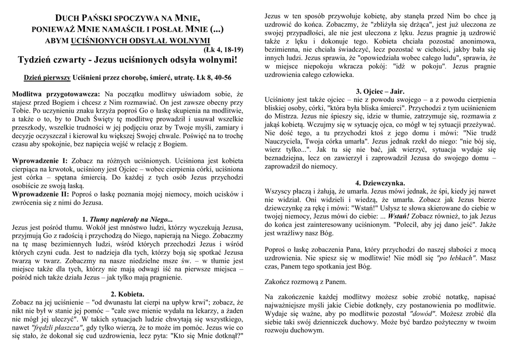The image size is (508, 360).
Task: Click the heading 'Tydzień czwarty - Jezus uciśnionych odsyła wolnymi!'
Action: (127, 60)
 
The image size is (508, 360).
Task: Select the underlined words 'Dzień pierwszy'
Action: (47, 78)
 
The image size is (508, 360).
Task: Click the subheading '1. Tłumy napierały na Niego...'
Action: (127, 219)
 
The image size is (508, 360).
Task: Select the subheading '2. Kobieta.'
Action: (127, 293)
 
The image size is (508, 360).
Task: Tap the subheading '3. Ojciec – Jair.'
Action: (380, 91)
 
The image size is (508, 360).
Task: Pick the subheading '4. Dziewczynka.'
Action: (380, 183)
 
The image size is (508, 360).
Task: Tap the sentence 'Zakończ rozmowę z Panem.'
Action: (311, 282)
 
